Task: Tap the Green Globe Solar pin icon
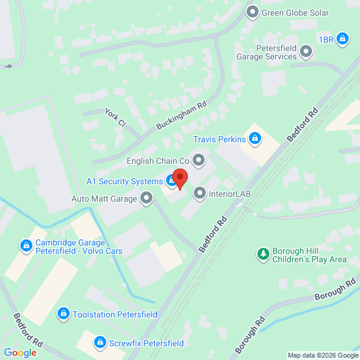[x=253, y=11]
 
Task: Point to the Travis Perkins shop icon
[x=255, y=139]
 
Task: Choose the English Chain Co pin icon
[x=199, y=160]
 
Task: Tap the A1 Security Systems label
[x=124, y=181]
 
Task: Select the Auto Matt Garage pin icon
[x=146, y=197]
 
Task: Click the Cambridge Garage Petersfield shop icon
[x=26, y=245]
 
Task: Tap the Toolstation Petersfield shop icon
[x=63, y=314]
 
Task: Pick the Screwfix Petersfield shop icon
[x=100, y=342]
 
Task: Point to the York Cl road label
[x=115, y=118]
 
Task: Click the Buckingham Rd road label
[x=181, y=115]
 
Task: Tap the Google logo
[x=20, y=352]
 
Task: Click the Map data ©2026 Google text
[x=322, y=355]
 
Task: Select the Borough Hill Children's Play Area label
[x=310, y=255]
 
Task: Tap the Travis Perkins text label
[x=220, y=139]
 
